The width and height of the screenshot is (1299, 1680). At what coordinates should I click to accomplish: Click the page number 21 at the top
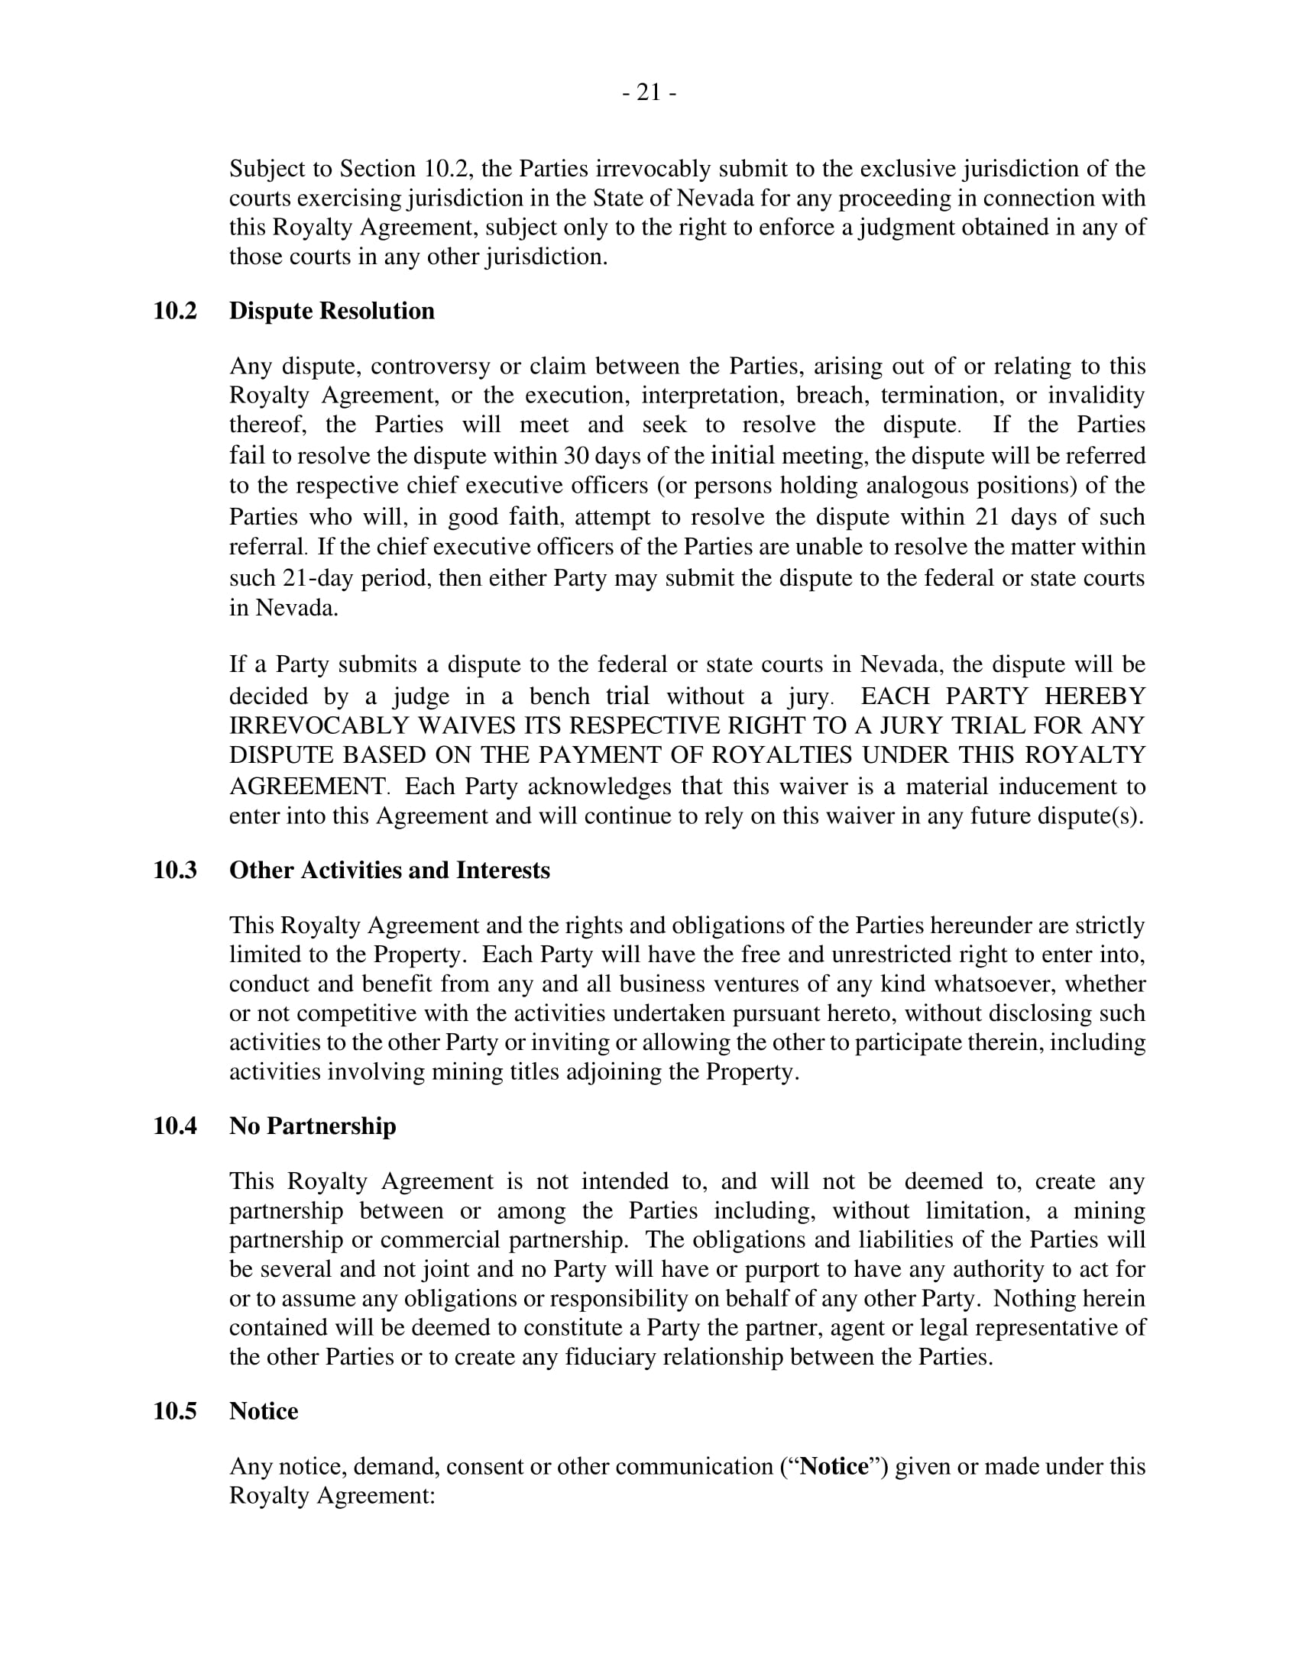click(x=649, y=93)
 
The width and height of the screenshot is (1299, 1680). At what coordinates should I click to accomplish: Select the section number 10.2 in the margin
click(x=175, y=311)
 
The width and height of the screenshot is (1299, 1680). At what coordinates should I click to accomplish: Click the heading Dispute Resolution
click(x=332, y=311)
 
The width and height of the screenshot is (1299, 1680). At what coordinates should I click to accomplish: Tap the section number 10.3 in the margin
click(x=175, y=870)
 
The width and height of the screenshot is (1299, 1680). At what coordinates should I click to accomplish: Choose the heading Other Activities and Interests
click(x=390, y=870)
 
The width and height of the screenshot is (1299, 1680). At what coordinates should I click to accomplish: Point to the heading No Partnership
click(x=313, y=1126)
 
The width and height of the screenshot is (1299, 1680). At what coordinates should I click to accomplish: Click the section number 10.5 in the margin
click(x=175, y=1410)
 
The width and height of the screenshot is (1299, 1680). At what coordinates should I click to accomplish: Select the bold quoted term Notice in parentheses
click(x=834, y=1466)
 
